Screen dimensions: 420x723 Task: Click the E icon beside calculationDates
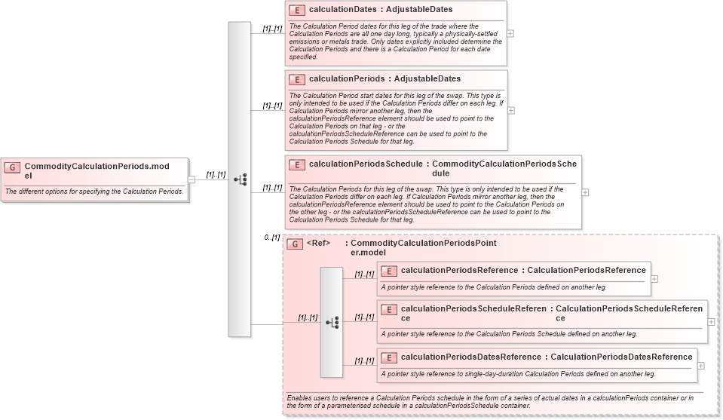click(297, 11)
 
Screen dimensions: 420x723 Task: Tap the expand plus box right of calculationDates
click(510, 33)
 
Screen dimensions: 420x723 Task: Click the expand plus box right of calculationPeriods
click(510, 110)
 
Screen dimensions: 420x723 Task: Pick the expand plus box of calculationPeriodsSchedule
click(586, 192)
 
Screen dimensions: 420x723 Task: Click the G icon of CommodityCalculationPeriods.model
click(12, 167)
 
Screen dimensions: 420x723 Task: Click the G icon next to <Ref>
click(296, 244)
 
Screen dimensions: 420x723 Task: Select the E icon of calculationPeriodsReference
click(389, 271)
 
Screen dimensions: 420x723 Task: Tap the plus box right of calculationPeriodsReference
click(654, 278)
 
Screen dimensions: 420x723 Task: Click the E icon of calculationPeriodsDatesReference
click(389, 357)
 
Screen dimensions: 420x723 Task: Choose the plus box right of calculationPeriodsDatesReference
click(701, 365)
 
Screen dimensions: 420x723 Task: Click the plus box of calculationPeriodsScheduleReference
click(711, 321)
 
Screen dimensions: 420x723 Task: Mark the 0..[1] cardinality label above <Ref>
click(271, 238)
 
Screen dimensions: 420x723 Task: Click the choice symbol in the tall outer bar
click(240, 179)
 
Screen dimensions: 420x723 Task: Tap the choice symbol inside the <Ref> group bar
click(332, 322)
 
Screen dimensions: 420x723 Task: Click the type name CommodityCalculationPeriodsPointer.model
click(424, 248)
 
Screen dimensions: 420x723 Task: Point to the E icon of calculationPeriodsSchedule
click(297, 164)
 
